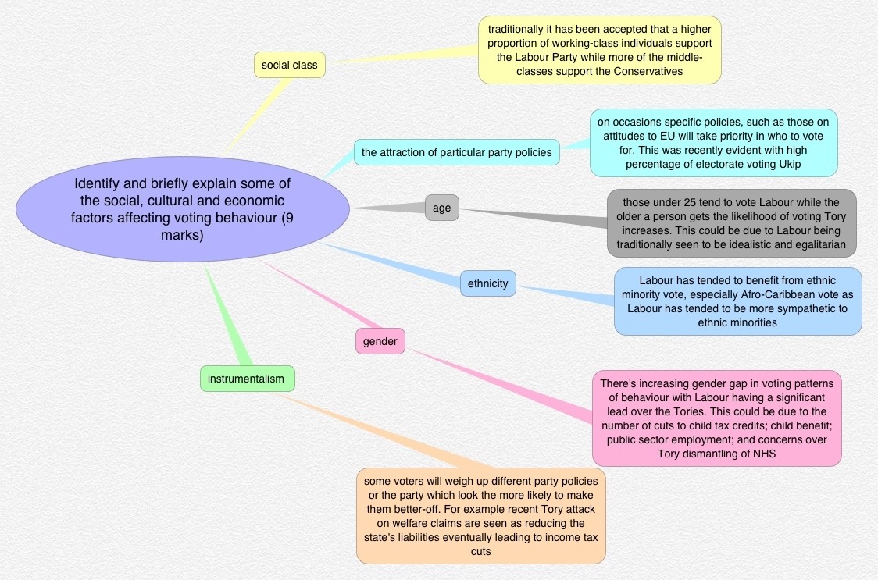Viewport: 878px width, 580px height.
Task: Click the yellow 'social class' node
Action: [x=289, y=65]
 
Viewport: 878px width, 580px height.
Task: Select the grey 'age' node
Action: [x=441, y=208]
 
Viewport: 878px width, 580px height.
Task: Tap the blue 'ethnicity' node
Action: [x=487, y=283]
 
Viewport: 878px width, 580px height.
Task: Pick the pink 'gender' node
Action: [x=380, y=341]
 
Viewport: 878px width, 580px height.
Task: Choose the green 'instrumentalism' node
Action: [x=246, y=379]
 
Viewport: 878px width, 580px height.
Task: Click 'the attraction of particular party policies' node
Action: [x=456, y=152]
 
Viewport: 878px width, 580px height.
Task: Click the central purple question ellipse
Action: [x=182, y=208]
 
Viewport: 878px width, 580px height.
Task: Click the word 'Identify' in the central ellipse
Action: [x=98, y=183]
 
